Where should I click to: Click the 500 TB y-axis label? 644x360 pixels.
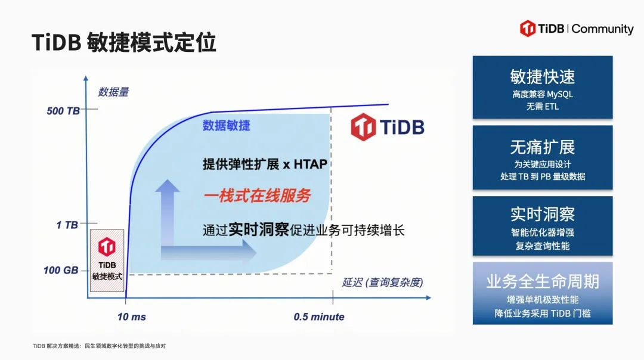tap(63, 111)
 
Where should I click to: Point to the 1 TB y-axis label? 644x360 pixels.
tap(67, 225)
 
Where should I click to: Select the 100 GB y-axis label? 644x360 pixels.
tap(61, 270)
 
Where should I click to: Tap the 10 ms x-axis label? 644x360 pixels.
tap(131, 317)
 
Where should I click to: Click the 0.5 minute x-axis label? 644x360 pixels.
tap(319, 317)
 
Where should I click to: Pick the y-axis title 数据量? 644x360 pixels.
tap(113, 92)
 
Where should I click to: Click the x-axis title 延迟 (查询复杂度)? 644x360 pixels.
tap(382, 283)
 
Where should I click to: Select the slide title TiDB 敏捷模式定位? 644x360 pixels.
tap(123, 42)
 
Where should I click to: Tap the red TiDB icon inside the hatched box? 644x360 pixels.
tap(107, 247)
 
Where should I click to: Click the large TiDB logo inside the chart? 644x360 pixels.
tap(388, 127)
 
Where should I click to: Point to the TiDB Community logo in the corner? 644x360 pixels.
tap(577, 29)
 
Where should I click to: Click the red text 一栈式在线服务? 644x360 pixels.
tap(257, 196)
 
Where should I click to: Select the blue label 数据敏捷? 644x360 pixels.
tap(227, 126)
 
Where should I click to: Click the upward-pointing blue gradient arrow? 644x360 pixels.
tap(168, 213)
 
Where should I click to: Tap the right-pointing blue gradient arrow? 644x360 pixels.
tap(209, 251)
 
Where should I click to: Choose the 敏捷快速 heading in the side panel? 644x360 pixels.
tap(543, 77)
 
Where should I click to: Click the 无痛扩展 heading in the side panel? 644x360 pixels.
tap(543, 147)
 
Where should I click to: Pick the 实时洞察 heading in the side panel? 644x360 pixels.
tap(543, 215)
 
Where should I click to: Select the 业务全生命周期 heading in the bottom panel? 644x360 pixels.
tap(543, 281)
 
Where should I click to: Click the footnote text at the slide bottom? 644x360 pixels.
tap(100, 346)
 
